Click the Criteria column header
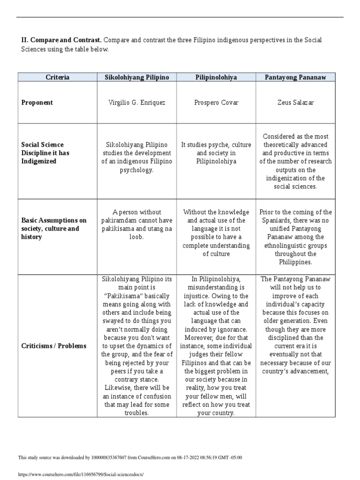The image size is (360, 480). click(57, 77)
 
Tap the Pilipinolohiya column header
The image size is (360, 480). click(216, 77)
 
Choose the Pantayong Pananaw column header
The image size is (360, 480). click(295, 77)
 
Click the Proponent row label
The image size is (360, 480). click(37, 103)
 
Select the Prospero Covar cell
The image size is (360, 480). click(216, 103)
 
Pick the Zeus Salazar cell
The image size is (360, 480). click(295, 103)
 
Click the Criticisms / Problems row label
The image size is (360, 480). click(54, 346)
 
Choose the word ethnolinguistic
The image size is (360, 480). click(295, 246)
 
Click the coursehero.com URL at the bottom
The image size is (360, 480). click(80, 474)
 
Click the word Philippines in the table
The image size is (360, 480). click(295, 262)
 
